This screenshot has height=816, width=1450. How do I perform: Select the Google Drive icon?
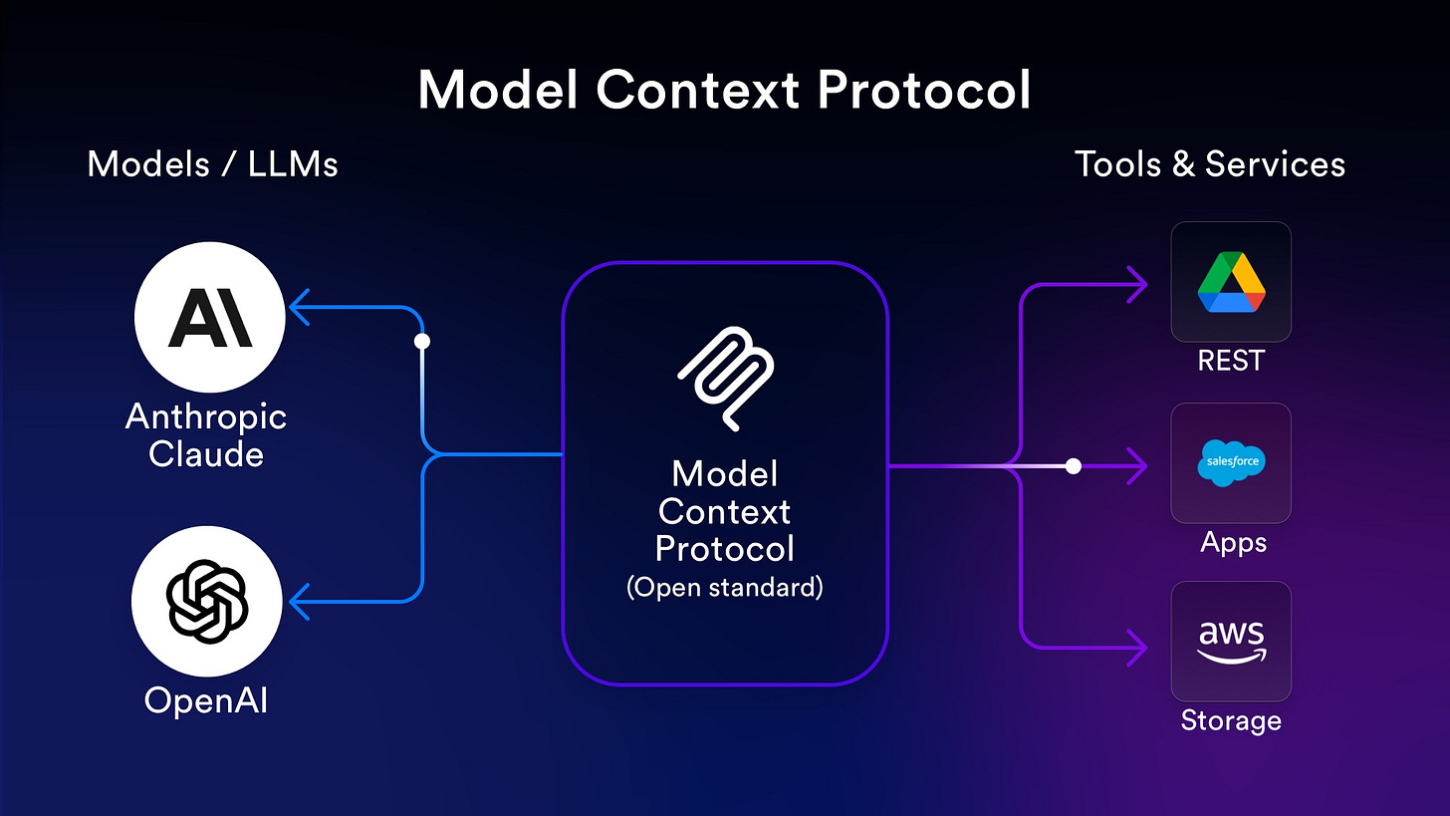click(1231, 282)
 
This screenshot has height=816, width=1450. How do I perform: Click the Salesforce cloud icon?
click(1231, 463)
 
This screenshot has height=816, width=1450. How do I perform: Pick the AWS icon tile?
click(1231, 642)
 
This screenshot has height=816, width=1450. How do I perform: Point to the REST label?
click(1231, 360)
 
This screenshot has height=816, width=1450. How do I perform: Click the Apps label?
click(1233, 542)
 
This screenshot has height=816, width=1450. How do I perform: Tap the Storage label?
click(1231, 719)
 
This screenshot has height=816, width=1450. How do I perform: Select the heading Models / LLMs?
click(212, 163)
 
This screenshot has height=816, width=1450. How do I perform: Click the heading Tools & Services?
click(1210, 163)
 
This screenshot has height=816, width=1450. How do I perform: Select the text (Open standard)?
click(725, 587)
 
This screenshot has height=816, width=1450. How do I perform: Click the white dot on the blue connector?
click(422, 341)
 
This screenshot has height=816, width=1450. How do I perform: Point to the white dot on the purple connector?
click(1073, 465)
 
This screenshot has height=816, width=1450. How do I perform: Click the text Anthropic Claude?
click(206, 435)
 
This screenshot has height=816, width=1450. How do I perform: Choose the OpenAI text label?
click(206, 700)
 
